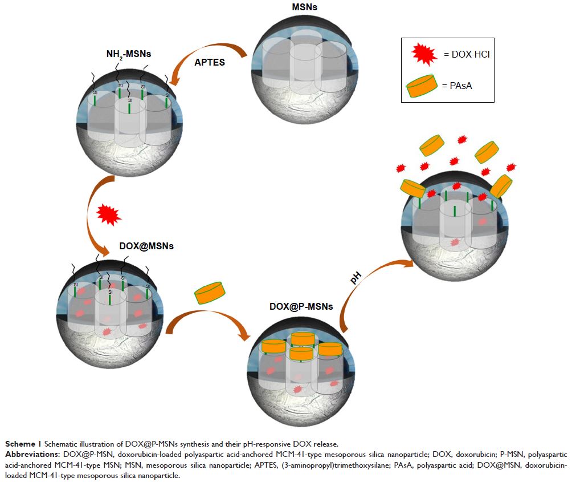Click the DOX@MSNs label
point(146,246)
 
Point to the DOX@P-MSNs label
point(300,306)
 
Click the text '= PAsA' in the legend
point(457,86)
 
